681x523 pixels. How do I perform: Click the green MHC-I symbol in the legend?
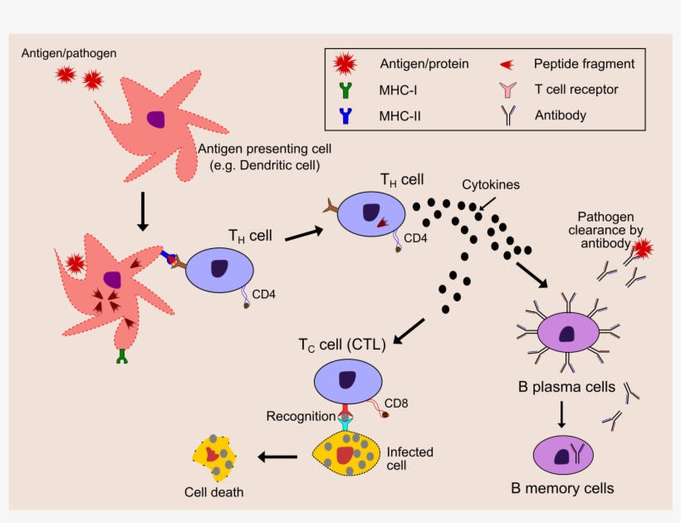(342, 90)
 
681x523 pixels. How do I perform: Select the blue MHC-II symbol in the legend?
(342, 116)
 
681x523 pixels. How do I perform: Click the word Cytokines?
(491, 185)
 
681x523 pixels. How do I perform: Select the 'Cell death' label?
(214, 491)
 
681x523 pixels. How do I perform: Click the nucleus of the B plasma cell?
(567, 335)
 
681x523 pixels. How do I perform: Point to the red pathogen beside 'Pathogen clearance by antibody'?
(644, 248)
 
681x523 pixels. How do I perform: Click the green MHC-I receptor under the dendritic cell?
(123, 358)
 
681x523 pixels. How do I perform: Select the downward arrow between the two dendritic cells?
(142, 213)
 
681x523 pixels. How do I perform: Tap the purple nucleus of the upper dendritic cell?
(155, 119)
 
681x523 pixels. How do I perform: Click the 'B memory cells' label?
(562, 488)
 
